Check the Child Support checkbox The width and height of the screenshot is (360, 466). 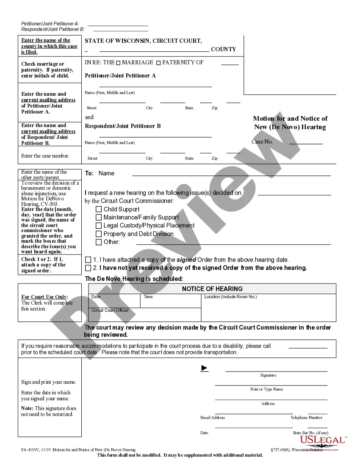99,209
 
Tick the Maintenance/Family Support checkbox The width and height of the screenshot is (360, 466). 99,217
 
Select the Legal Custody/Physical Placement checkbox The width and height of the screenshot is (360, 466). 99,226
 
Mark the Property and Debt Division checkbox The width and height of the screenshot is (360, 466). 99,234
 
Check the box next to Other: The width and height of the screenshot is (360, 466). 99,242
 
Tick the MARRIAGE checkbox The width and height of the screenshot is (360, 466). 118,63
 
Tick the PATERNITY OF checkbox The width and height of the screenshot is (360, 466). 158,63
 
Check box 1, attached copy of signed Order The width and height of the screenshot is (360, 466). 88,260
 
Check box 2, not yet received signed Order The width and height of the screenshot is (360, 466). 88,268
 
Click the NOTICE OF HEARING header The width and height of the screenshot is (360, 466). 212,289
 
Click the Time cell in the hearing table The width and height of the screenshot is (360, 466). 170,301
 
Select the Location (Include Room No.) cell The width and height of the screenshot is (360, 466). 268,307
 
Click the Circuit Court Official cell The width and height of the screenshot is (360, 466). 144,314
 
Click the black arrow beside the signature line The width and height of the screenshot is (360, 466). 205,368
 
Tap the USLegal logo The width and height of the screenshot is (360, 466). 323,441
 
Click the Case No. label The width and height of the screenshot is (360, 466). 262,142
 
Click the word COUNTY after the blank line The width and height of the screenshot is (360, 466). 224,50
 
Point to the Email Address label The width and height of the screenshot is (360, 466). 213,418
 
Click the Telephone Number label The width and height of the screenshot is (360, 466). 306,418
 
